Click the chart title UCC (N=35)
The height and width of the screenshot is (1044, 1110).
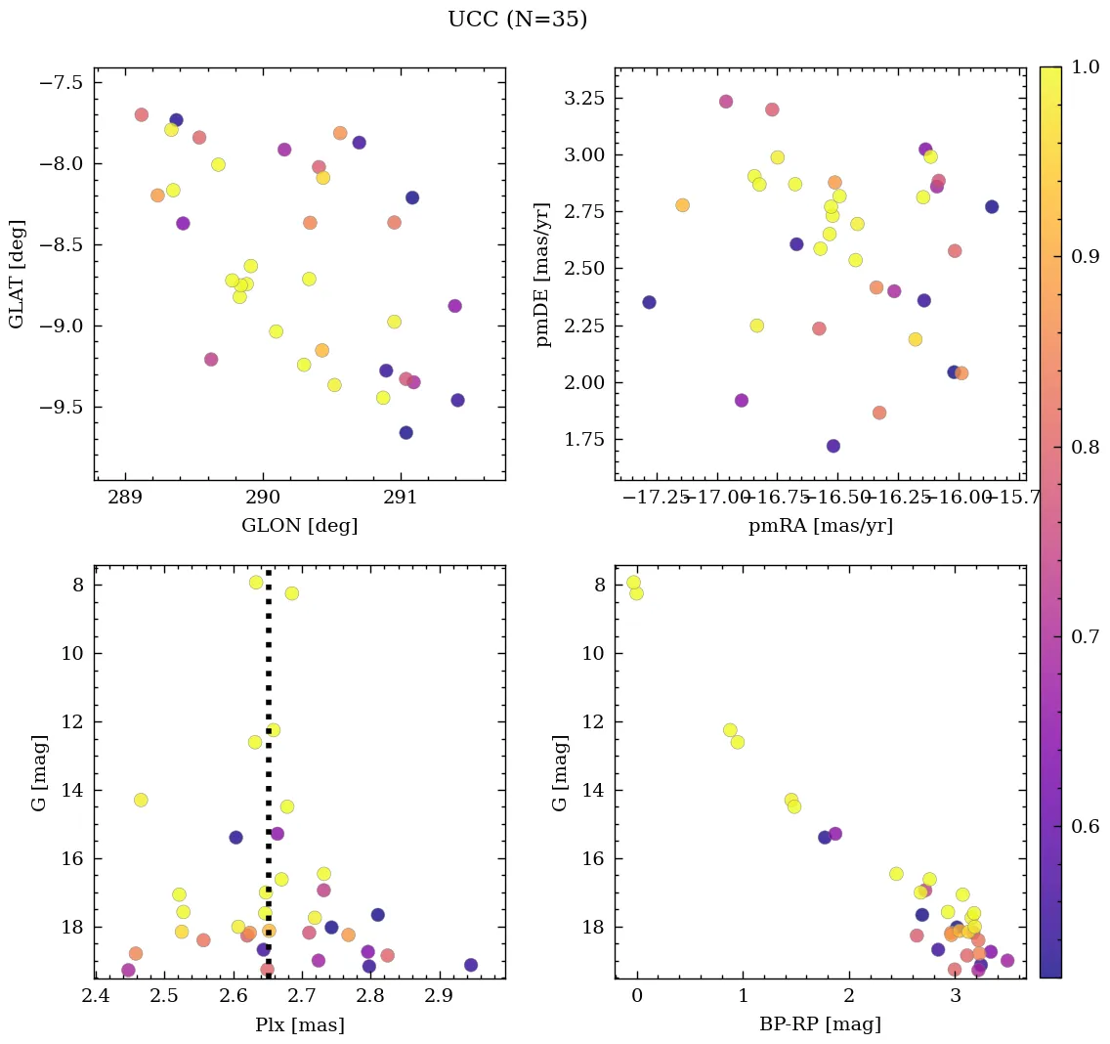[517, 20]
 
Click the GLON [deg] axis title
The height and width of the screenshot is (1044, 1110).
[299, 526]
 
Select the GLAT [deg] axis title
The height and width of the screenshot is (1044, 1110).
[17, 274]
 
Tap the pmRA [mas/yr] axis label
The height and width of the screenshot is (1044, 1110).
[820, 526]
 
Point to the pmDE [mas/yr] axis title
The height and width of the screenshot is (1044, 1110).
[543, 274]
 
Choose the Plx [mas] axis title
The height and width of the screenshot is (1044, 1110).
[299, 1024]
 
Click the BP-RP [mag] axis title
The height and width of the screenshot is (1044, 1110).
[820, 1024]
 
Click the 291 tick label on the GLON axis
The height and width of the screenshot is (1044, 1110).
[401, 497]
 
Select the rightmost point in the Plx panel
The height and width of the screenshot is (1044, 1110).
[471, 965]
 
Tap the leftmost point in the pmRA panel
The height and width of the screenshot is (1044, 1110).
[649, 302]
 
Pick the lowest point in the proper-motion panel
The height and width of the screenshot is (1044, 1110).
[833, 446]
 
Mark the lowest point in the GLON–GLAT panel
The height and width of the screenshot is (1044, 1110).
[406, 432]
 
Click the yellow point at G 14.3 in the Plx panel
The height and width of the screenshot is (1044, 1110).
[141, 800]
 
